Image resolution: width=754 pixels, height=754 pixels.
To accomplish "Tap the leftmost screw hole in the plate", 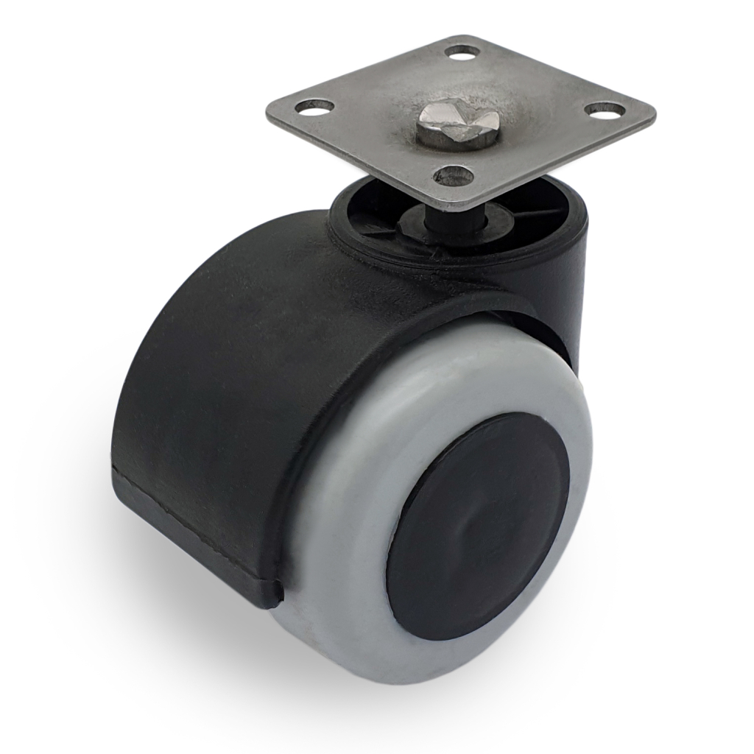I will pos(314,107).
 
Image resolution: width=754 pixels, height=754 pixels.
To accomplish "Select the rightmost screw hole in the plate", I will pos(605,110).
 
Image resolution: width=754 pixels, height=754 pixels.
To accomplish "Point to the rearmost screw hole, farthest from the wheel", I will pos(462,52).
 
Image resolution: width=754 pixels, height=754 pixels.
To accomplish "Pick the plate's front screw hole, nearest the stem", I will pos(454,175).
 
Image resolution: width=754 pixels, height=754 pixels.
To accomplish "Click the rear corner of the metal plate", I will pos(471,36).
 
